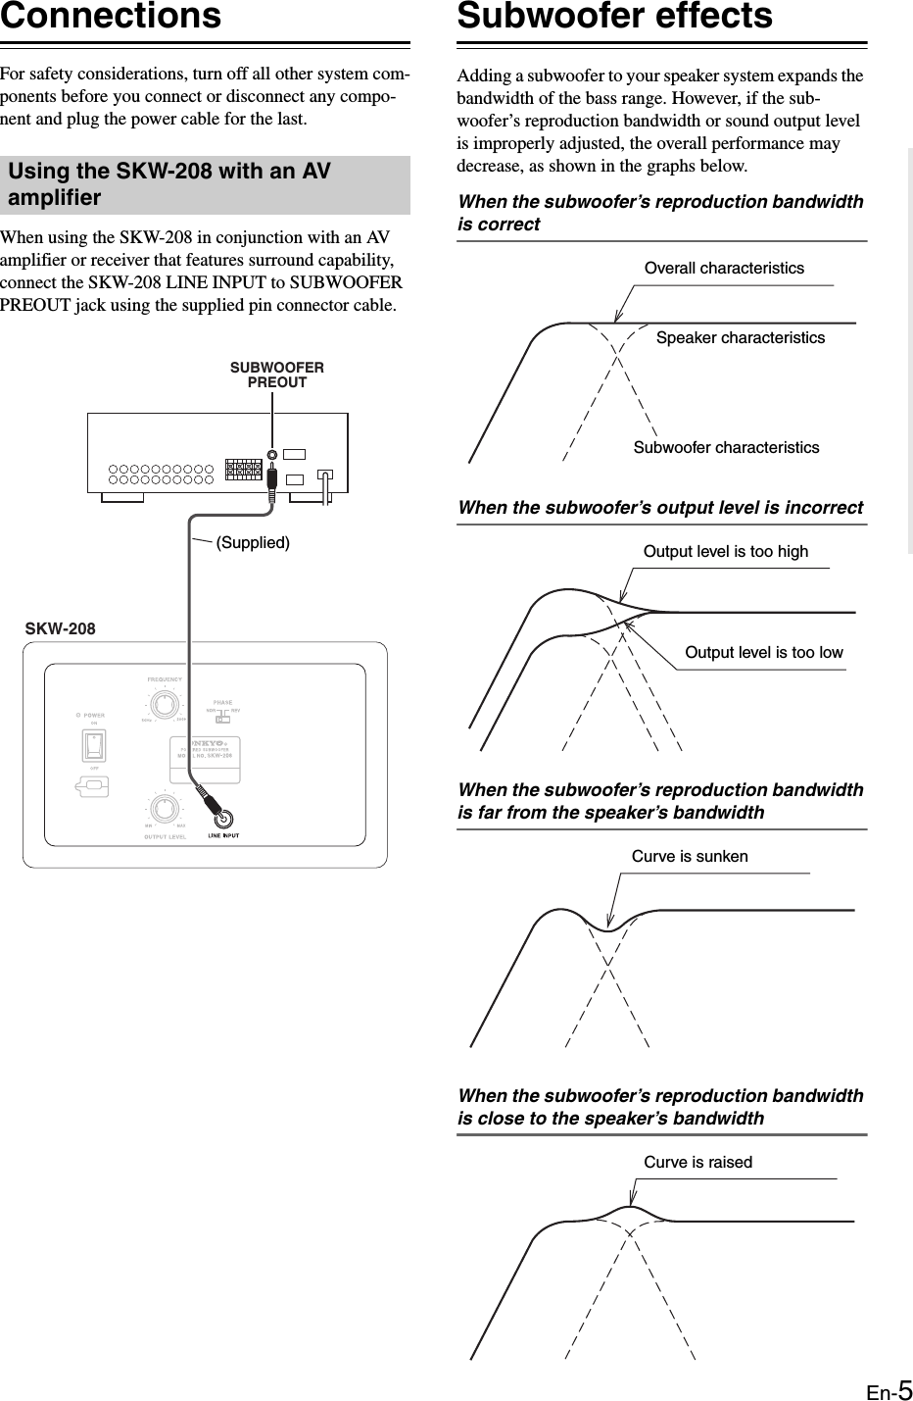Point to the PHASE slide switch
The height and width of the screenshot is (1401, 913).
(x=222, y=719)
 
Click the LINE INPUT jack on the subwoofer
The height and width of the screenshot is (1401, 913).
(x=224, y=819)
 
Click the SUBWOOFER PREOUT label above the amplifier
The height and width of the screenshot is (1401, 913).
(x=276, y=375)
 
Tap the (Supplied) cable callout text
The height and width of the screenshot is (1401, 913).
(x=253, y=542)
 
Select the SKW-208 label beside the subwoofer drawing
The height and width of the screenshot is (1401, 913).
(x=60, y=627)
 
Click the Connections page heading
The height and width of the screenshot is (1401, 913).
(x=111, y=17)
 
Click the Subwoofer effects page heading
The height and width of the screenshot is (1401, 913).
(x=615, y=17)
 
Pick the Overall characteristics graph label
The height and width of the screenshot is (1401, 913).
(x=724, y=268)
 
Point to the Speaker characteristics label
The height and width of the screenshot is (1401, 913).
(x=740, y=337)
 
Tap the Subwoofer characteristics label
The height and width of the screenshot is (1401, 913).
(x=726, y=447)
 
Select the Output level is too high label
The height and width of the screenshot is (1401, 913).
(x=726, y=551)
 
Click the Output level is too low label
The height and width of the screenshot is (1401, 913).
(x=763, y=652)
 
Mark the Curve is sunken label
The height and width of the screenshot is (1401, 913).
(x=690, y=856)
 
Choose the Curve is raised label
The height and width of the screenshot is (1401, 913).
(x=697, y=1162)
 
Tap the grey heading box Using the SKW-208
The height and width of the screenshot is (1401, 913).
(x=205, y=184)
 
